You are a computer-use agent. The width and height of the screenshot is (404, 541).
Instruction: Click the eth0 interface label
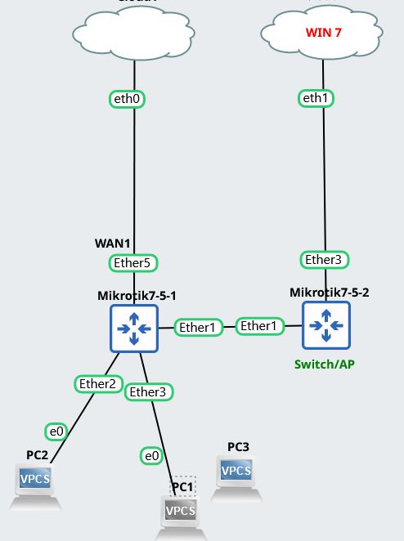tap(128, 99)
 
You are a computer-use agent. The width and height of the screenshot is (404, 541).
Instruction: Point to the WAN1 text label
tap(113, 244)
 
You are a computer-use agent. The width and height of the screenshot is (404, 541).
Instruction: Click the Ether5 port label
tap(132, 262)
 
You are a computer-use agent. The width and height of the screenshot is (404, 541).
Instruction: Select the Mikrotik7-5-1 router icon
tap(132, 329)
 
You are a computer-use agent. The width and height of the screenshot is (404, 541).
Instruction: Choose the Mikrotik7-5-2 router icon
tap(325, 324)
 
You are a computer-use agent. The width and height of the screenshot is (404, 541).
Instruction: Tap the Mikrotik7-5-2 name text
tap(329, 291)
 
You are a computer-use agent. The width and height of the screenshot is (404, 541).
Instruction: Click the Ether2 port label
tap(99, 383)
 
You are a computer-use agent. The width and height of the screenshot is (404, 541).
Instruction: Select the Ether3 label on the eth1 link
tap(325, 259)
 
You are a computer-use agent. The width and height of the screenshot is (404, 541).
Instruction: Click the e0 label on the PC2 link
tap(56, 431)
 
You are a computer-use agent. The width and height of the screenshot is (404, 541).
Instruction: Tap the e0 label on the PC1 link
tap(151, 455)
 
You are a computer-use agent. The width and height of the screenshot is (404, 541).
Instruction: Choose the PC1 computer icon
tap(181, 513)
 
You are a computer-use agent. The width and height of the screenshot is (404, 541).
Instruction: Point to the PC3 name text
tap(238, 447)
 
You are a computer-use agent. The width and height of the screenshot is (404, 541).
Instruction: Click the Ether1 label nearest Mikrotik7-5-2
tap(258, 326)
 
